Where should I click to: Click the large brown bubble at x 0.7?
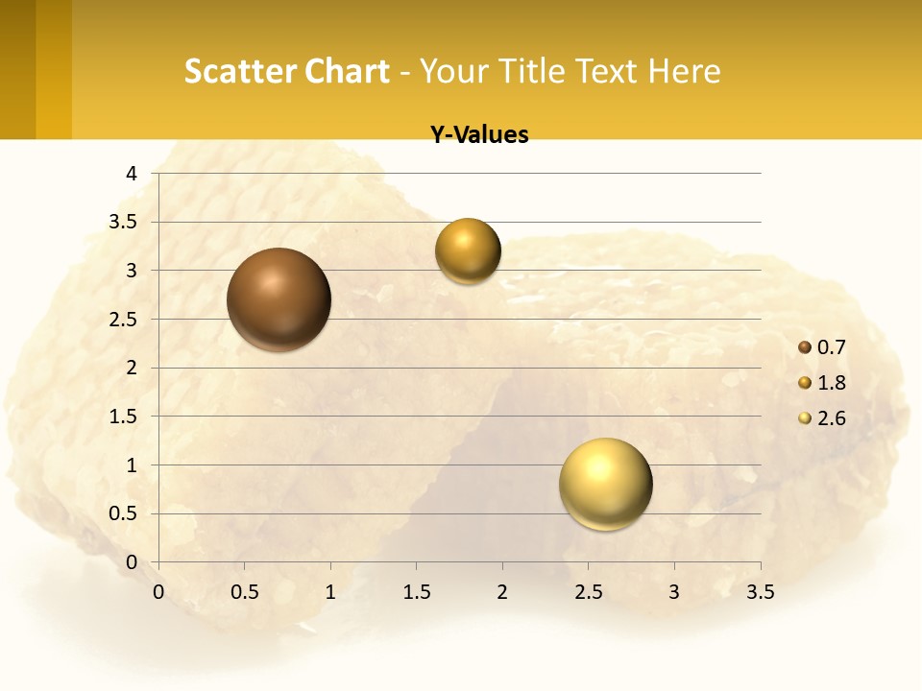coord(279,299)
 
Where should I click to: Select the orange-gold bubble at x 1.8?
coord(468,250)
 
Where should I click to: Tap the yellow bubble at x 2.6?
coord(605,484)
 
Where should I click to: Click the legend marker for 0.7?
coord(805,347)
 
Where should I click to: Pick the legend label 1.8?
coord(831,383)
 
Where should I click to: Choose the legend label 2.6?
coord(831,418)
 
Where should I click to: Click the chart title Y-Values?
coord(479,135)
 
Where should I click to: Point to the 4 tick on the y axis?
coord(133,174)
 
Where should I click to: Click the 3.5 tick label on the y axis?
coord(124,223)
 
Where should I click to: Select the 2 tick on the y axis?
coord(133,368)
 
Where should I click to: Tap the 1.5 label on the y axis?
coord(124,417)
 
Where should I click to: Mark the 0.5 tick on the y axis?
coord(124,513)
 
